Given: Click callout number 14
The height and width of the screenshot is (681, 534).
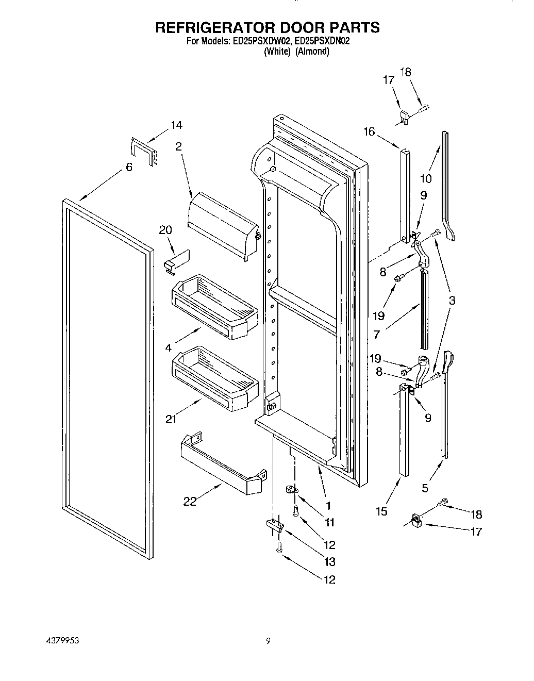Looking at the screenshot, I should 176,125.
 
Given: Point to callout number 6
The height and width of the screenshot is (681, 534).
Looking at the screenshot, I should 129,167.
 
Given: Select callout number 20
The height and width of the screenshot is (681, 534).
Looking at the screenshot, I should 165,230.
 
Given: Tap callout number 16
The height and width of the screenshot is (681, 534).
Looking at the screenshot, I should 369,132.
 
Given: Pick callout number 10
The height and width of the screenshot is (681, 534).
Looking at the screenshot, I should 426,179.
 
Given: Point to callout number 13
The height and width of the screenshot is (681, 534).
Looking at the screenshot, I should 329,561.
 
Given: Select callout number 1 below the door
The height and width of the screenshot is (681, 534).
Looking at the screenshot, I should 328,505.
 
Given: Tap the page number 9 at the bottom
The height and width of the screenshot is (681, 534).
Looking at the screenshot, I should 268,641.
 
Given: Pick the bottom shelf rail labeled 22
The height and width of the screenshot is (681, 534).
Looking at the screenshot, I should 222,464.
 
